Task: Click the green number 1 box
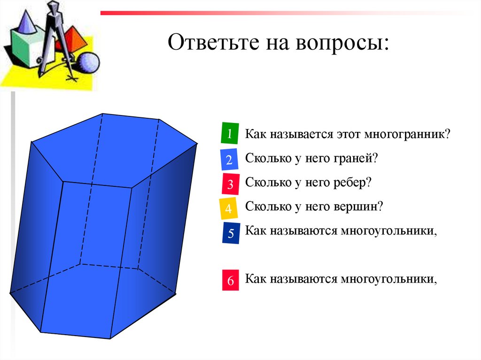pyautogui.click(x=229, y=134)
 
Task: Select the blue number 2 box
pyautogui.click(x=229, y=160)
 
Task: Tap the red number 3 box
pyautogui.click(x=230, y=184)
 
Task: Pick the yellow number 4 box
pyautogui.click(x=229, y=208)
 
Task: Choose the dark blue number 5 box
pyautogui.click(x=231, y=233)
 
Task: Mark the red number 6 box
pyautogui.click(x=230, y=281)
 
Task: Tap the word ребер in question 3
pyautogui.click(x=351, y=183)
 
